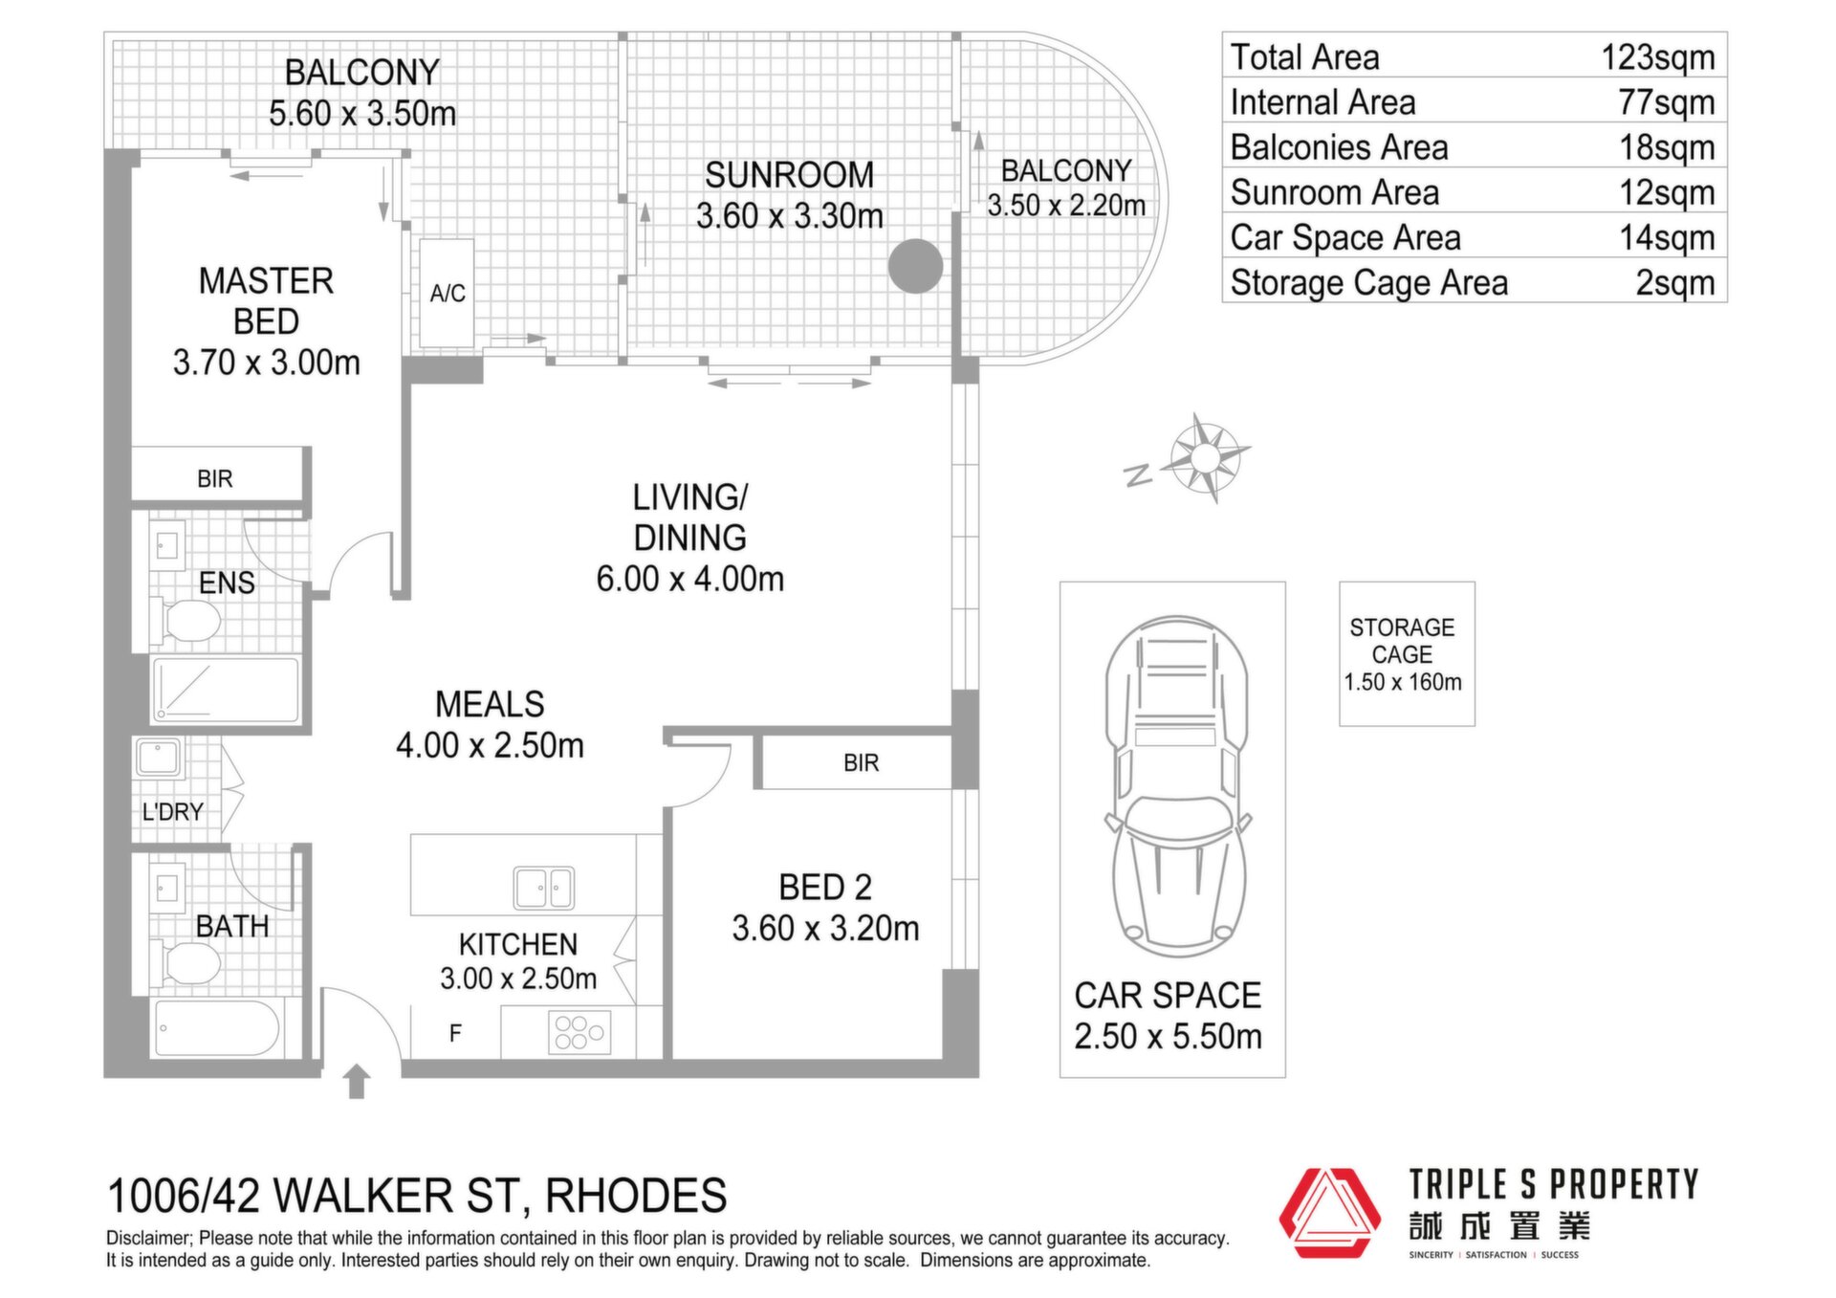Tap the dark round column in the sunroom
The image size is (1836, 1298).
tap(915, 266)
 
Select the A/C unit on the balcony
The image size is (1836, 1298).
tap(447, 293)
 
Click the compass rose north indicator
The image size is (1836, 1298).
tap(1138, 474)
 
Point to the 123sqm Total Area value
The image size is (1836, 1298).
tap(1658, 57)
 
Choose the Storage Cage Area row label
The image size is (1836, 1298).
tap(1368, 283)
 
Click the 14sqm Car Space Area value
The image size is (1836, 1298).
tap(1667, 237)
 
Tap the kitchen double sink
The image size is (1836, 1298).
tap(543, 888)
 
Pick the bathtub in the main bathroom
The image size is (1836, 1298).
tap(217, 1028)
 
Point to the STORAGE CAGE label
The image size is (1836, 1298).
tap(1402, 641)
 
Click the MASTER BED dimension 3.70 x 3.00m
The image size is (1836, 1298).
tap(267, 363)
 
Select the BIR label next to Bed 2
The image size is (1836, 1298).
tap(861, 763)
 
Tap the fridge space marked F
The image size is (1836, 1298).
tap(455, 1033)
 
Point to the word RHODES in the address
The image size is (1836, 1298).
tap(636, 1196)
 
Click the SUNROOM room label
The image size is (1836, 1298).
tap(789, 175)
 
